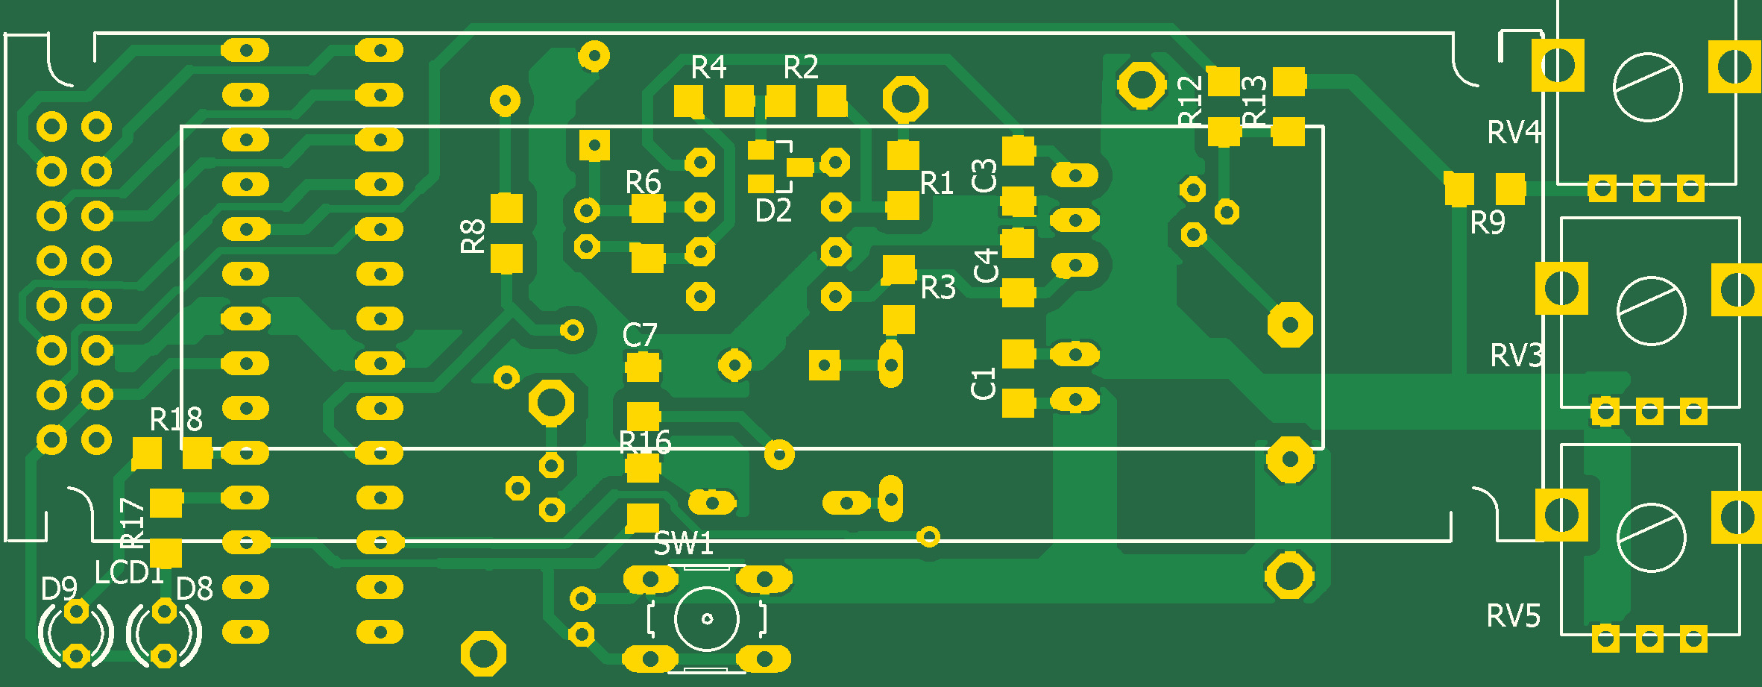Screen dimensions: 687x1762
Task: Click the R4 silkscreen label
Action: pyautogui.click(x=708, y=68)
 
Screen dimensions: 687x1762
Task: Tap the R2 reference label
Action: pyautogui.click(x=801, y=68)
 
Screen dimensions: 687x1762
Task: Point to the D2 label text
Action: pyautogui.click(x=773, y=211)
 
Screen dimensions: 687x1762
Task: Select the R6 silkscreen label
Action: pyautogui.click(x=643, y=182)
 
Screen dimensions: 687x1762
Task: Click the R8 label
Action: pyautogui.click(x=473, y=236)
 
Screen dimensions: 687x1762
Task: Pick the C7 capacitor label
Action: pyautogui.click(x=640, y=336)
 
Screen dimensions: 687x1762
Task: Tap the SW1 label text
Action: pyautogui.click(x=683, y=544)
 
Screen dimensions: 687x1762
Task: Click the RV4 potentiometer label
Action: pyautogui.click(x=1514, y=133)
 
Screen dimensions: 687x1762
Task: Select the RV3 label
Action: pyautogui.click(x=1516, y=356)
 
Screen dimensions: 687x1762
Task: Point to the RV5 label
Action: pyautogui.click(x=1513, y=617)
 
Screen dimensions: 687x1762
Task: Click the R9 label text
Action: pyautogui.click(x=1487, y=223)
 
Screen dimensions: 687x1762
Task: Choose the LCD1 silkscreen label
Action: pyautogui.click(x=128, y=573)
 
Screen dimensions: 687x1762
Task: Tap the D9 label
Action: pyautogui.click(x=59, y=589)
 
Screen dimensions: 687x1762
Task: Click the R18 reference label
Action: pyautogui.click(x=176, y=420)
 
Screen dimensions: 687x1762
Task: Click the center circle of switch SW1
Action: pyautogui.click(x=707, y=618)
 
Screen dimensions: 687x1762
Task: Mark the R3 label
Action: pyautogui.click(x=937, y=288)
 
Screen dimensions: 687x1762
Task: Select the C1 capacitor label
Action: pyautogui.click(x=984, y=383)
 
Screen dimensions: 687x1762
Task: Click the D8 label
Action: pyautogui.click(x=195, y=589)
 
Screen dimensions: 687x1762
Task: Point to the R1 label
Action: pyautogui.click(x=937, y=183)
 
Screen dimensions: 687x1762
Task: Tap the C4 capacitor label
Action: pyautogui.click(x=986, y=266)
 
